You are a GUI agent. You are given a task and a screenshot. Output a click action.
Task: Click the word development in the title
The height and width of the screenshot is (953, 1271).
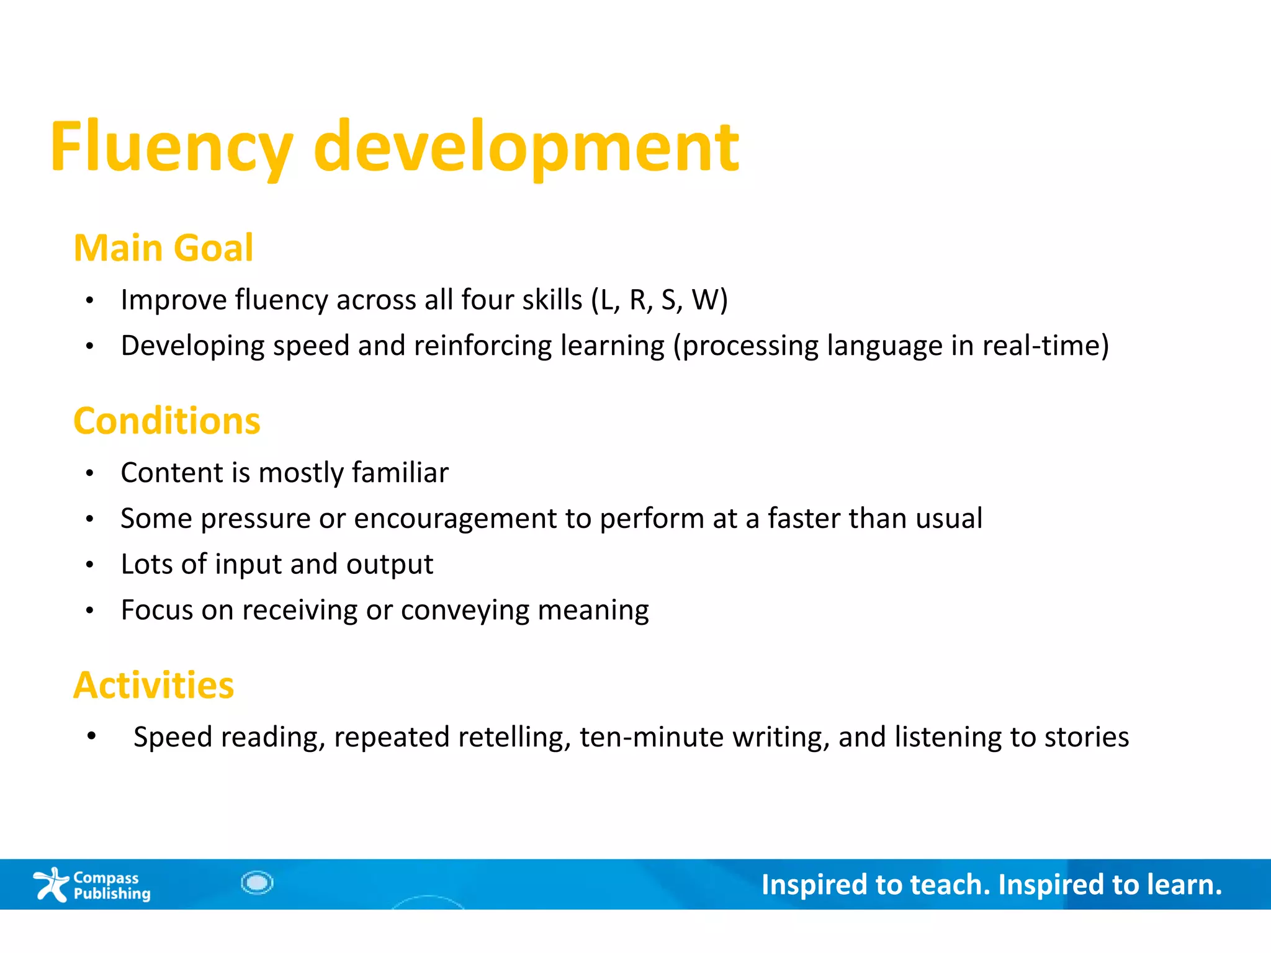pos(526,148)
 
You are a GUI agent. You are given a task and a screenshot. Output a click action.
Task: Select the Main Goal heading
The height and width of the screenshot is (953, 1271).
pos(163,248)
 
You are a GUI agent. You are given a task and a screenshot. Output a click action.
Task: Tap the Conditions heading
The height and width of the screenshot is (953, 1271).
pos(166,421)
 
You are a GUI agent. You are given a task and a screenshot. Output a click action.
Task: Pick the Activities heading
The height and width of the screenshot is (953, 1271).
pos(153,686)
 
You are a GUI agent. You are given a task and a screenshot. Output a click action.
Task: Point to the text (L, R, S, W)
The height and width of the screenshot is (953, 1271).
pos(659,300)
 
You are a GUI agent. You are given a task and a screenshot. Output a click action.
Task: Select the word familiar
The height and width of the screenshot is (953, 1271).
pos(400,473)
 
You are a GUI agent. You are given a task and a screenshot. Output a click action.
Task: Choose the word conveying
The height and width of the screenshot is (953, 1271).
pos(465,611)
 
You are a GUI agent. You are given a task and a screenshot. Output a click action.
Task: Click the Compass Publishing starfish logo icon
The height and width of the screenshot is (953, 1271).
pos(51,884)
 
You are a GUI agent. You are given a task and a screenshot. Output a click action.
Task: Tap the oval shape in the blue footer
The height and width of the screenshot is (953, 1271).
pos(257,883)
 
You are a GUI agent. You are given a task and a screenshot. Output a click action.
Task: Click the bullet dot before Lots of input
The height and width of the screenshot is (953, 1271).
pos(90,565)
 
